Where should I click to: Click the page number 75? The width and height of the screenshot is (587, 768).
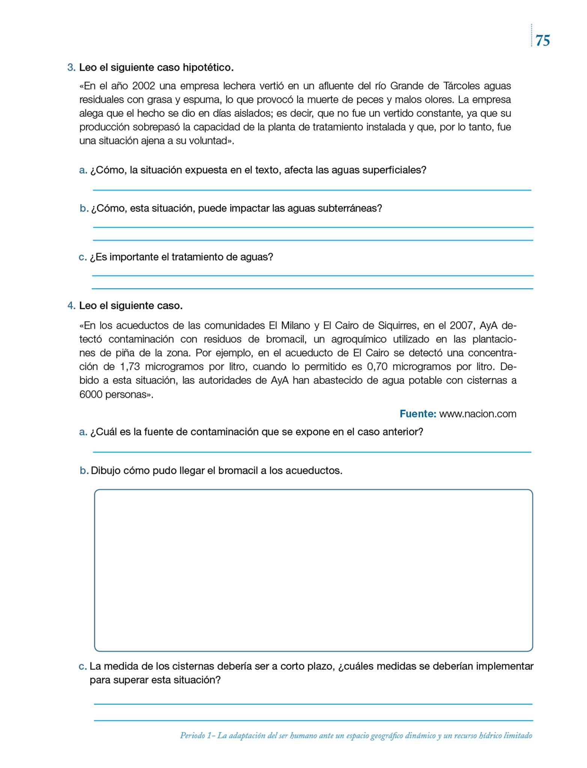tap(543, 40)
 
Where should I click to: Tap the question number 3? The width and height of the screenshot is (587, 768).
tap(71, 68)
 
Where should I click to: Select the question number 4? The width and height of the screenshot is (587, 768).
tap(71, 306)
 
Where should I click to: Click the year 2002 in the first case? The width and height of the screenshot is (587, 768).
tap(143, 86)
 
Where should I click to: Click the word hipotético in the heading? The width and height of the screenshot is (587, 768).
tap(208, 68)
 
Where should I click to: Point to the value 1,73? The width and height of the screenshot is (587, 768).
tap(130, 366)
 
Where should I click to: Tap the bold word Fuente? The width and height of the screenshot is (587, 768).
tap(417, 414)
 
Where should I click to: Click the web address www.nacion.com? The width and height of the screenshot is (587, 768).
tap(478, 414)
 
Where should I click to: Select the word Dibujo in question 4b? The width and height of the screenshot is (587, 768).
tap(105, 471)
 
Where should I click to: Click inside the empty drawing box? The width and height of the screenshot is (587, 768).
tap(313, 570)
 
